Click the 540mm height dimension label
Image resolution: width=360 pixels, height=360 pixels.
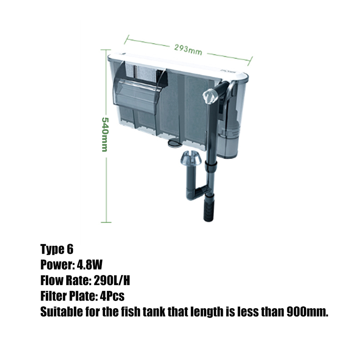[x=104, y=134]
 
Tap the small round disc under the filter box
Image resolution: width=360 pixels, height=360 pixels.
[x=174, y=144]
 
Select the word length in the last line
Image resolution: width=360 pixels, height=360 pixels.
[x=202, y=312]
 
